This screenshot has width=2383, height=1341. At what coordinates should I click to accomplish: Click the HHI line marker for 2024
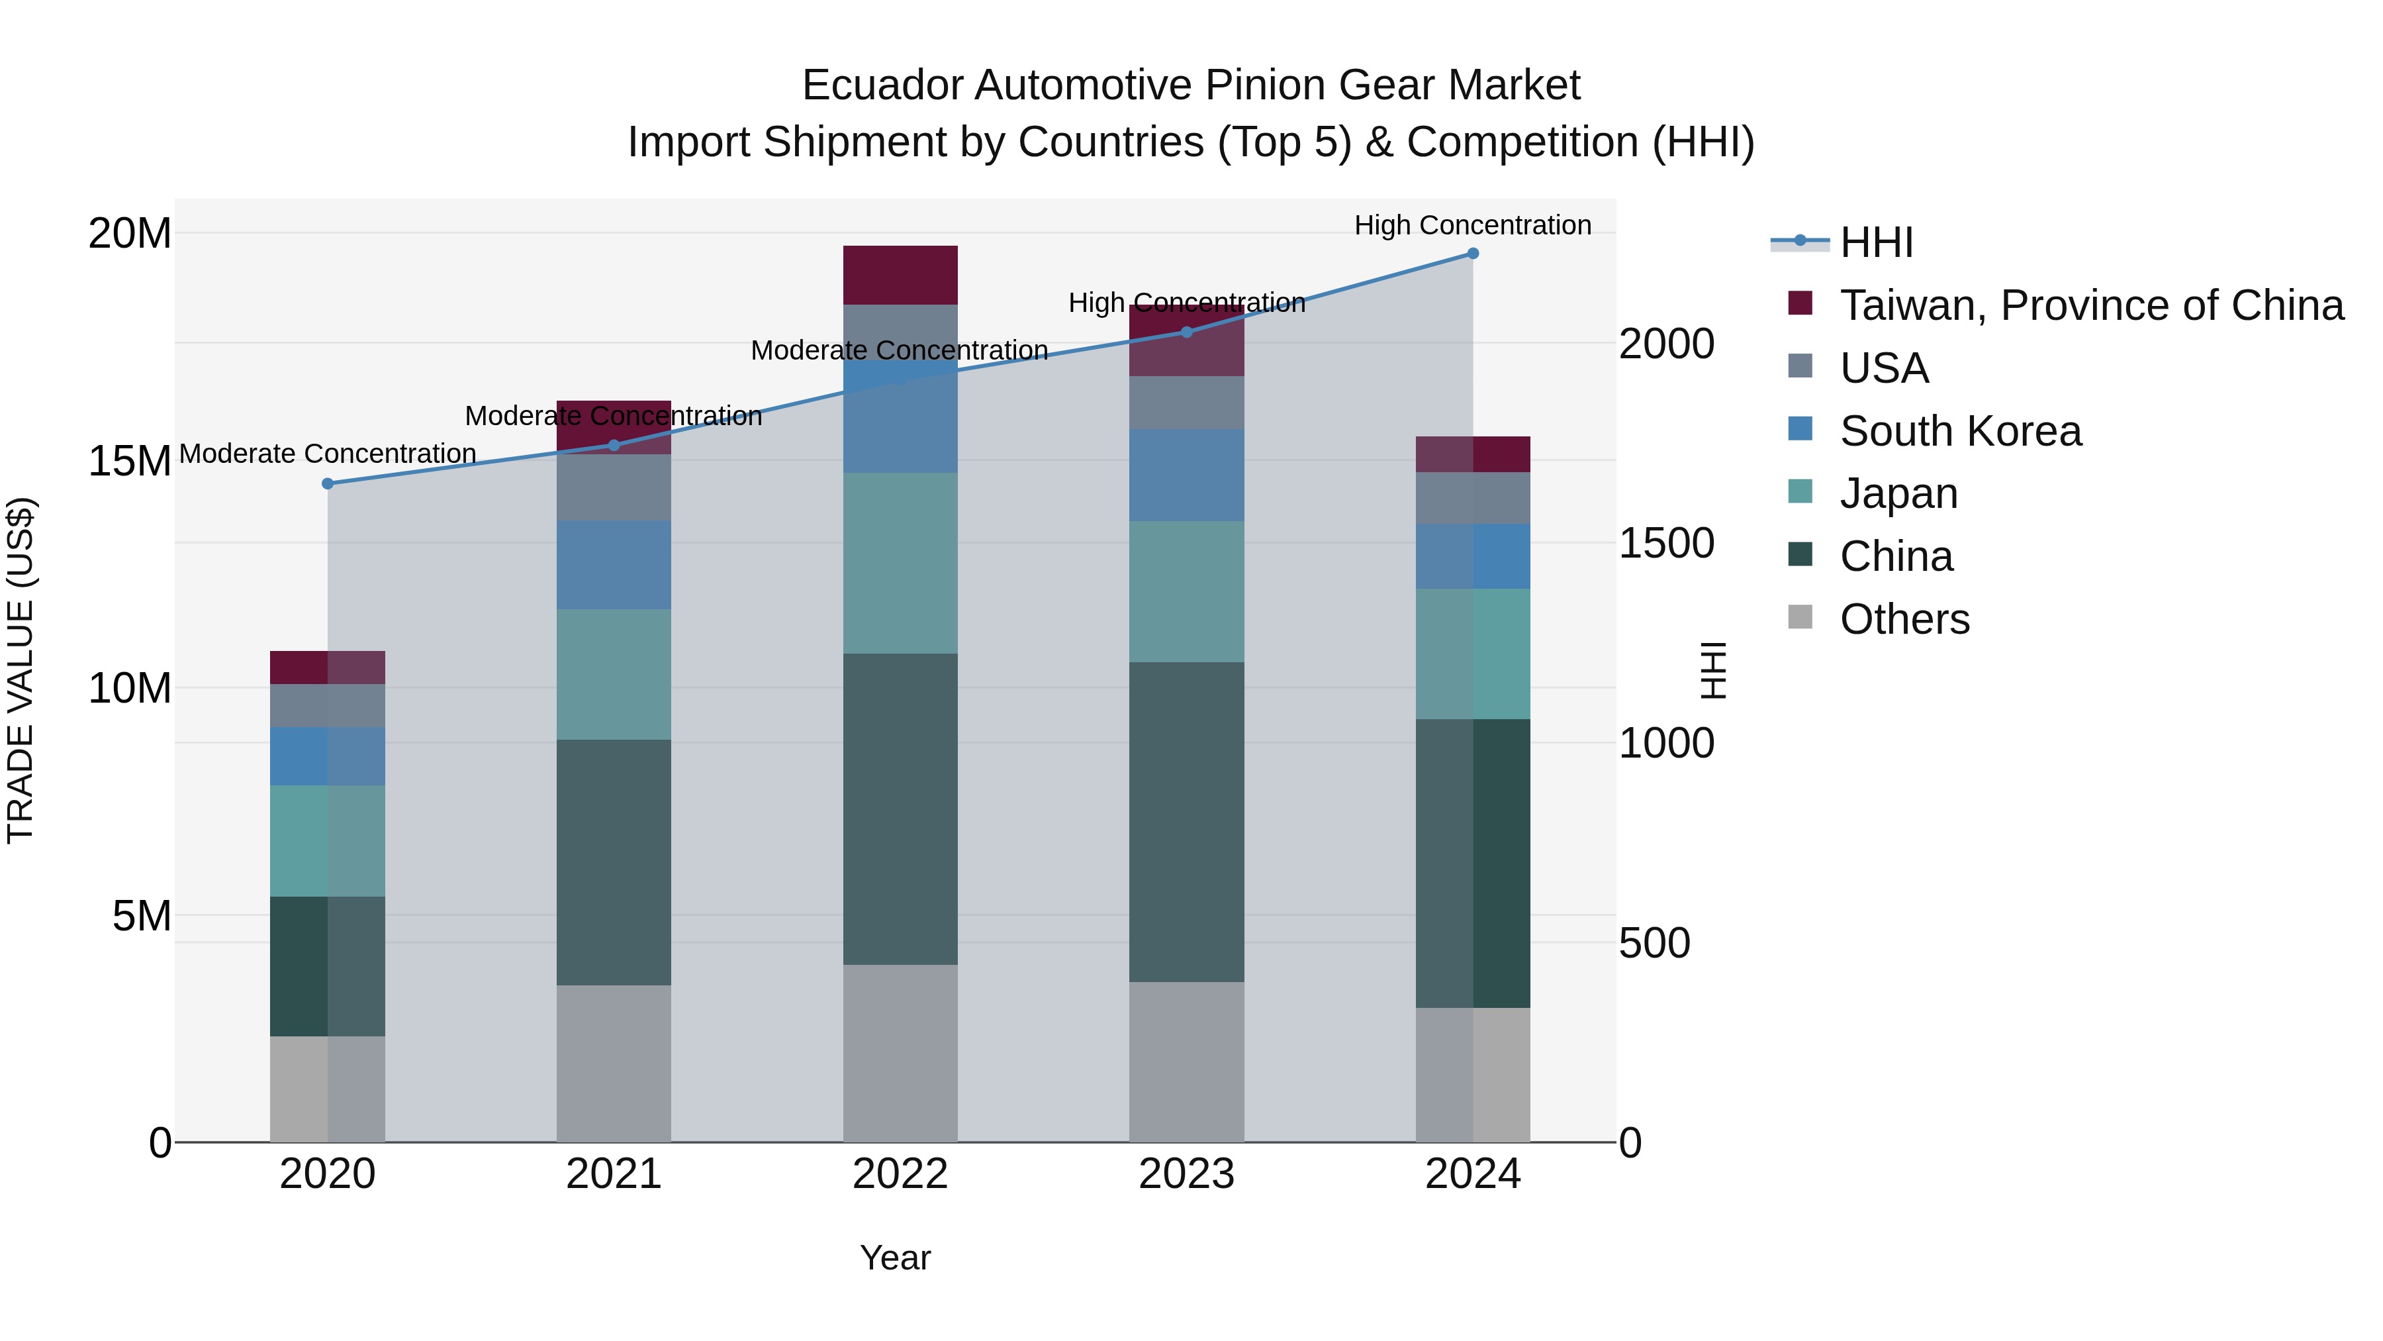click(x=1473, y=254)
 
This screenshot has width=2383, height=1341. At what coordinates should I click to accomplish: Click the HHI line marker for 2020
click(x=328, y=483)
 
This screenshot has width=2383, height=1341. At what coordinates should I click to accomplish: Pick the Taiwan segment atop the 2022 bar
click(x=900, y=275)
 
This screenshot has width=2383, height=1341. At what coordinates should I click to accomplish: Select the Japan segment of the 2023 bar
click(x=1187, y=591)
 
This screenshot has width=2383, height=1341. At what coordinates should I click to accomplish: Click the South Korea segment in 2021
click(x=614, y=564)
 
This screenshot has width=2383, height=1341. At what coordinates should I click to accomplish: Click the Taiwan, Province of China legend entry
click(x=2090, y=305)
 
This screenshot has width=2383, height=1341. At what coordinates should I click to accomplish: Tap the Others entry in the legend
click(x=1904, y=619)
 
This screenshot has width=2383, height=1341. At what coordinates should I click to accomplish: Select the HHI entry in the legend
click(x=1875, y=242)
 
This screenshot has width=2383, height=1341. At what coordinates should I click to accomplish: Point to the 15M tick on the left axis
click(x=130, y=461)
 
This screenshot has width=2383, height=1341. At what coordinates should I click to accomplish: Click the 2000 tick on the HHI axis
click(x=1666, y=344)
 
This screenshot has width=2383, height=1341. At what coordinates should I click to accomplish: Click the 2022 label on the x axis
click(x=900, y=1174)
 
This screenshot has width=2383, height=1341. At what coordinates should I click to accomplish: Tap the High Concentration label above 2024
click(x=1473, y=225)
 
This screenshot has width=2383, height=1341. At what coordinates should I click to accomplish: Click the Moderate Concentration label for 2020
click(x=328, y=454)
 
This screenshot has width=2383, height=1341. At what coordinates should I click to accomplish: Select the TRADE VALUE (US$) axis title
click(x=21, y=670)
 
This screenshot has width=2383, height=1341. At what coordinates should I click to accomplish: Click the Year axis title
click(x=894, y=1258)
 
